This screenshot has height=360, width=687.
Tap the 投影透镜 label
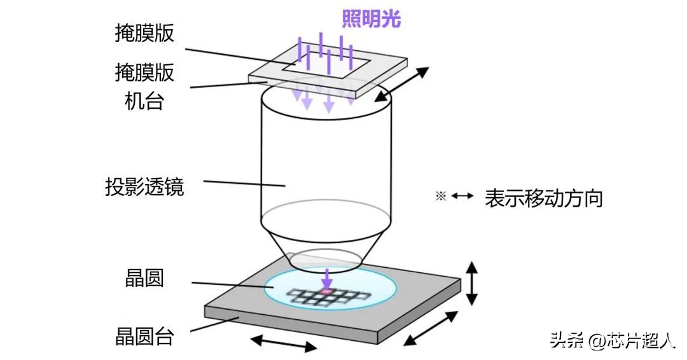click(144, 188)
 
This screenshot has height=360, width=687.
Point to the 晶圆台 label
click(144, 336)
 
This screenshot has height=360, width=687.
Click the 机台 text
click(144, 100)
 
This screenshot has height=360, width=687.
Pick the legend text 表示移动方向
click(543, 198)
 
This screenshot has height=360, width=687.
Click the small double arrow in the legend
click(462, 197)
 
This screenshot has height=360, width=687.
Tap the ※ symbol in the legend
click(441, 197)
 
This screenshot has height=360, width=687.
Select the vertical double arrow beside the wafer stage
click(471, 283)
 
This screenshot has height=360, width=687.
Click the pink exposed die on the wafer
click(326, 291)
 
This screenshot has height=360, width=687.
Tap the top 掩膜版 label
click(144, 34)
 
